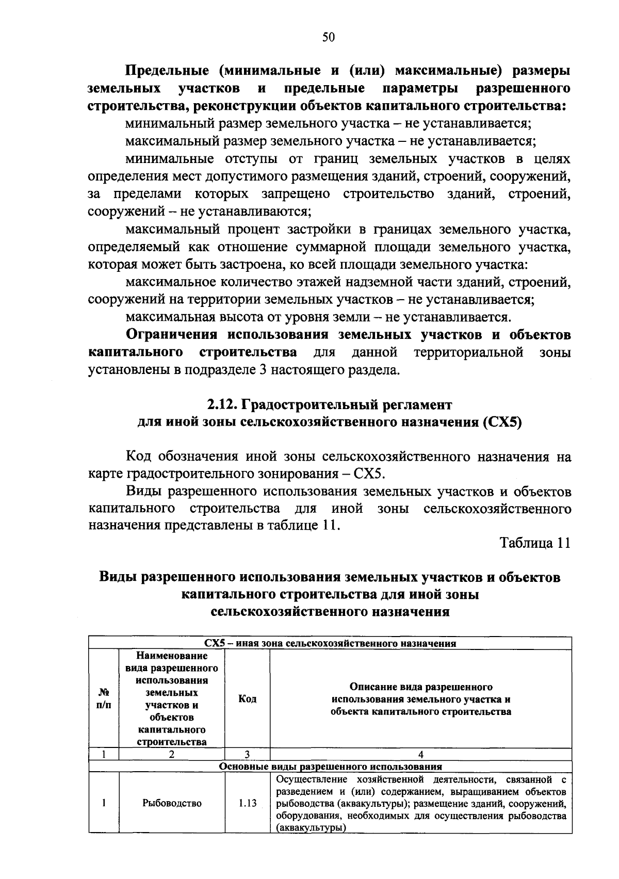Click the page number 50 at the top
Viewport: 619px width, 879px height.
[329, 37]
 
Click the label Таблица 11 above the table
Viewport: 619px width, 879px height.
[535, 543]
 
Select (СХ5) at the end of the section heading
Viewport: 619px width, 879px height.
[503, 422]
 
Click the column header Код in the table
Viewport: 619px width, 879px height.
[248, 699]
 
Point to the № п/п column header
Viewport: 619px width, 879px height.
[104, 699]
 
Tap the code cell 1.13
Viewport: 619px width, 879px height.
[248, 803]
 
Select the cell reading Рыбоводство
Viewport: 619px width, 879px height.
[172, 803]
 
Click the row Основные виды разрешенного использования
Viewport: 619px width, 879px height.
[330, 767]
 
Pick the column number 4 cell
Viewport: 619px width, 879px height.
[421, 754]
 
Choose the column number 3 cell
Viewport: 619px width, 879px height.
[248, 754]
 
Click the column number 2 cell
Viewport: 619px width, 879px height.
[172, 754]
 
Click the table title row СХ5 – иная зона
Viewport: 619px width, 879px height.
[330, 643]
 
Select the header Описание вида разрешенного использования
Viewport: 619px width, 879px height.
[421, 699]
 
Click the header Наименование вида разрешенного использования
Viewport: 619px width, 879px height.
[172, 699]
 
